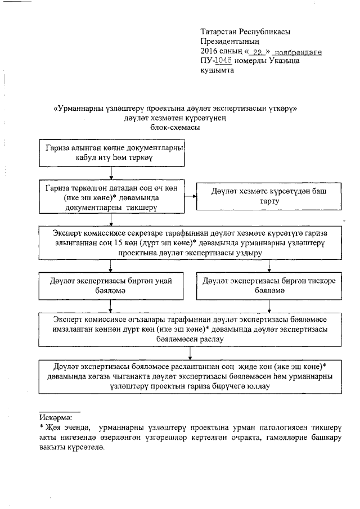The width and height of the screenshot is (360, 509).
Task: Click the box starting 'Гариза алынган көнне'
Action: pyautogui.click(x=112, y=152)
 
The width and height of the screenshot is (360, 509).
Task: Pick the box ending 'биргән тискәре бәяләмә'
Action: pyautogui.click(x=270, y=287)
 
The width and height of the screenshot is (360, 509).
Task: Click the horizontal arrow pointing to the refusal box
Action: pyautogui.click(x=190, y=196)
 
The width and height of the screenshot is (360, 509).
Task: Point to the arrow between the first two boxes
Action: pyautogui.click(x=111, y=173)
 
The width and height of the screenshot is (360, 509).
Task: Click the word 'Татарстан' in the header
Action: pyautogui.click(x=220, y=31)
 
